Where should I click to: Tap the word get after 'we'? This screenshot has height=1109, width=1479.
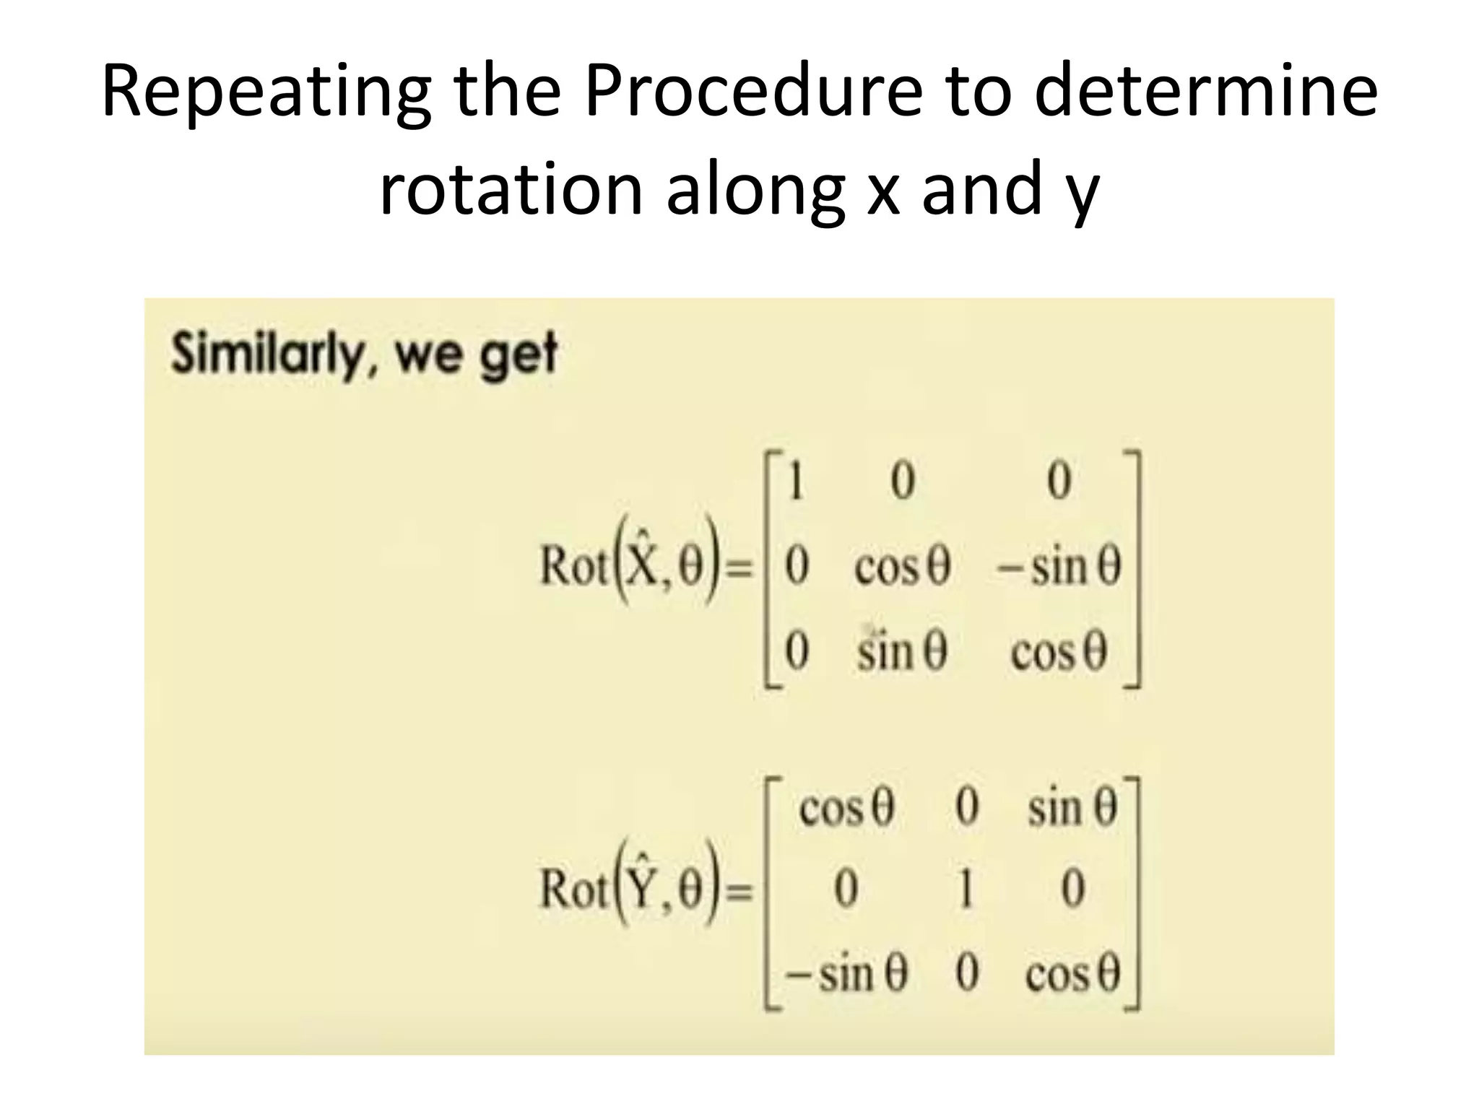pyautogui.click(x=519, y=355)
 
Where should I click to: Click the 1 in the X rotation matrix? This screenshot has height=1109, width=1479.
pyautogui.click(x=796, y=482)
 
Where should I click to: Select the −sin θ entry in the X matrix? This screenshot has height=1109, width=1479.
pyautogui.click(x=1058, y=567)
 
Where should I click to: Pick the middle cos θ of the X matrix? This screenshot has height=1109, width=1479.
pyautogui.click(x=902, y=567)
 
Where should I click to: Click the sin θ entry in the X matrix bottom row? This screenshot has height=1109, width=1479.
pyautogui.click(x=902, y=651)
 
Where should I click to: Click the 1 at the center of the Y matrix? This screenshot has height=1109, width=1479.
pyautogui.click(x=966, y=889)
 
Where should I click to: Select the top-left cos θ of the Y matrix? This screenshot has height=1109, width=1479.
pyautogui.click(x=846, y=808)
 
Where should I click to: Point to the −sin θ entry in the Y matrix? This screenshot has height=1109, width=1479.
pyautogui.click(x=846, y=975)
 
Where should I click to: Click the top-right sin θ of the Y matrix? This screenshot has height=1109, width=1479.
pyautogui.click(x=1072, y=808)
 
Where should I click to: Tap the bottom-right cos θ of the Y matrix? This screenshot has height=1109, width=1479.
pyautogui.click(x=1072, y=975)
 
